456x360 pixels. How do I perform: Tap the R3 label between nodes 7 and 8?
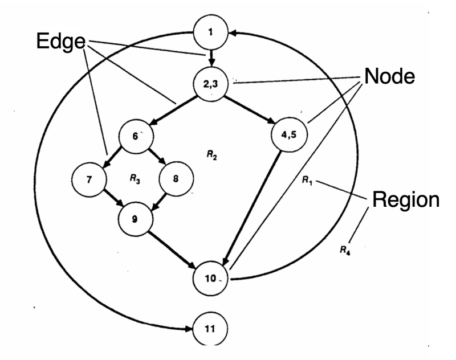pyautogui.click(x=135, y=178)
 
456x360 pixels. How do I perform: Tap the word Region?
pyautogui.click(x=406, y=199)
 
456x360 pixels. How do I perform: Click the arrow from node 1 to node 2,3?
pyautogui.click(x=211, y=58)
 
